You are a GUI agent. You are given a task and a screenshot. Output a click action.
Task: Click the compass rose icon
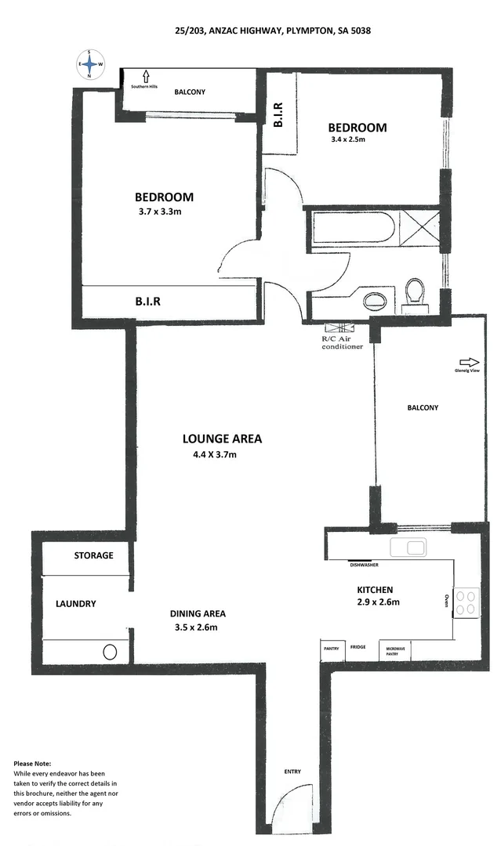tap(90, 64)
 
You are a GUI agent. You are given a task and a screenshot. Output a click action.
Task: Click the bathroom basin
tap(376, 299)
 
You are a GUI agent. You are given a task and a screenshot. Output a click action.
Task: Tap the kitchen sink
tap(408, 548)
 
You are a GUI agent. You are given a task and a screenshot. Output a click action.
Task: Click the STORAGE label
tap(93, 555)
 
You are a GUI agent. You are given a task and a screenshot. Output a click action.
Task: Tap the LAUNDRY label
tap(75, 604)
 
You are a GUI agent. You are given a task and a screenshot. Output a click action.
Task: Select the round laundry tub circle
tap(111, 651)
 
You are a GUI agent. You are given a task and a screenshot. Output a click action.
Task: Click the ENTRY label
tap(292, 772)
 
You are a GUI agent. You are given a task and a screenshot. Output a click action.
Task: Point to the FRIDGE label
tap(358, 646)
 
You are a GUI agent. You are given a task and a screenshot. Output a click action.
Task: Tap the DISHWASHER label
tap(365, 564)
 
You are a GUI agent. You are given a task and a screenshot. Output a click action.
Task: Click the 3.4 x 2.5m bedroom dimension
tap(347, 140)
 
